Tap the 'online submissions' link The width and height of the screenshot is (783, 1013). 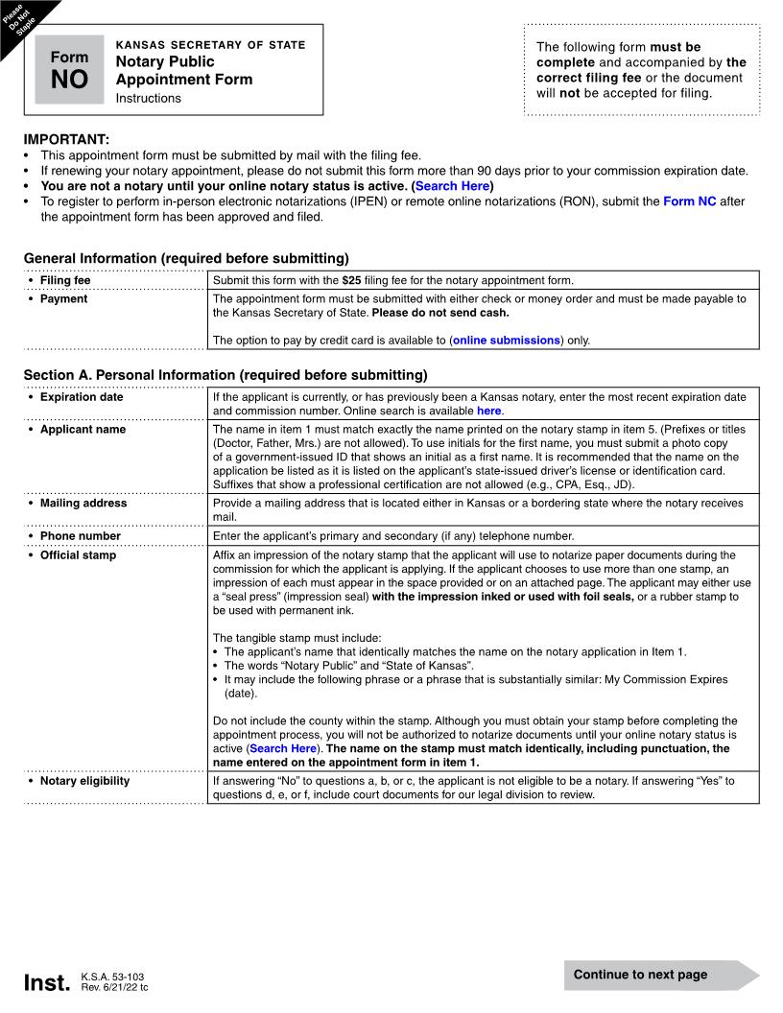tap(506, 340)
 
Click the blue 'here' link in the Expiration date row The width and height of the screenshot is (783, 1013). tap(488, 411)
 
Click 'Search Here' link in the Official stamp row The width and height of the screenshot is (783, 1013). tap(282, 748)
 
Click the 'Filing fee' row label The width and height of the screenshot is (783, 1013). tap(65, 280)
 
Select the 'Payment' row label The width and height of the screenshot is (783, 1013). tap(63, 298)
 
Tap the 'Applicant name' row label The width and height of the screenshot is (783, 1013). tap(83, 429)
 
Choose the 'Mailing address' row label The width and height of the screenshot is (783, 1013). tap(83, 503)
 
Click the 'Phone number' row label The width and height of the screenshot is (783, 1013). tap(81, 536)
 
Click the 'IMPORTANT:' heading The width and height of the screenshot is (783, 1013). tap(66, 139)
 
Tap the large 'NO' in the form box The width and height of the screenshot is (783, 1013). tap(69, 80)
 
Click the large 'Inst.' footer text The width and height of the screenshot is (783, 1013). tap(47, 983)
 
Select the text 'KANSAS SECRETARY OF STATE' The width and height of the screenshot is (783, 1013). tap(210, 45)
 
